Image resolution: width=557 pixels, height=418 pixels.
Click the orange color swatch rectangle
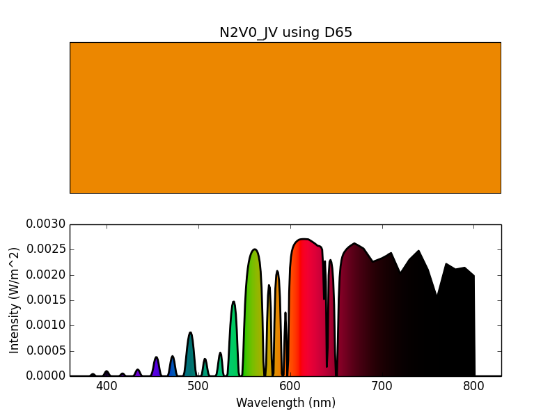[285, 118]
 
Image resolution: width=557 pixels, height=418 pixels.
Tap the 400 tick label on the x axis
[107, 387]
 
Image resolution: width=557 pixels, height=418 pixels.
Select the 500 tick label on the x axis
[198, 387]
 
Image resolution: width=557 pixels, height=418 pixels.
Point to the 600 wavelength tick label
[290, 387]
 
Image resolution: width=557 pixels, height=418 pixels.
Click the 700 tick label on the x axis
[382, 387]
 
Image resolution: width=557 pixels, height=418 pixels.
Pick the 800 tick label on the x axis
[474, 387]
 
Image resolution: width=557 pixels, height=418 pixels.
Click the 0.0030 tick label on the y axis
[46, 224]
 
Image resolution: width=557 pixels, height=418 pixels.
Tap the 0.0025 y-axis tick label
[46, 249]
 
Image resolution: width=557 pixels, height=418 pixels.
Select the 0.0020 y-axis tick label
[46, 275]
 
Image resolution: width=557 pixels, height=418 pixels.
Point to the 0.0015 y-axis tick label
[46, 300]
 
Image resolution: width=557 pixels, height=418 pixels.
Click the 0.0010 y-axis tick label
[46, 325]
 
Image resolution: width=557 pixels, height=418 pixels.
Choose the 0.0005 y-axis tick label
[46, 350]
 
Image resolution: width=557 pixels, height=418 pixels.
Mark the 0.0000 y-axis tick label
[46, 376]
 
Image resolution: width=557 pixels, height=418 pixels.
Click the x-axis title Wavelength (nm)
[285, 403]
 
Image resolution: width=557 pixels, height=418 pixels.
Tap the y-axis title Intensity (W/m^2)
[15, 300]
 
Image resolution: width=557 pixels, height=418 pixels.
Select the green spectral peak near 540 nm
[233, 341]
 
